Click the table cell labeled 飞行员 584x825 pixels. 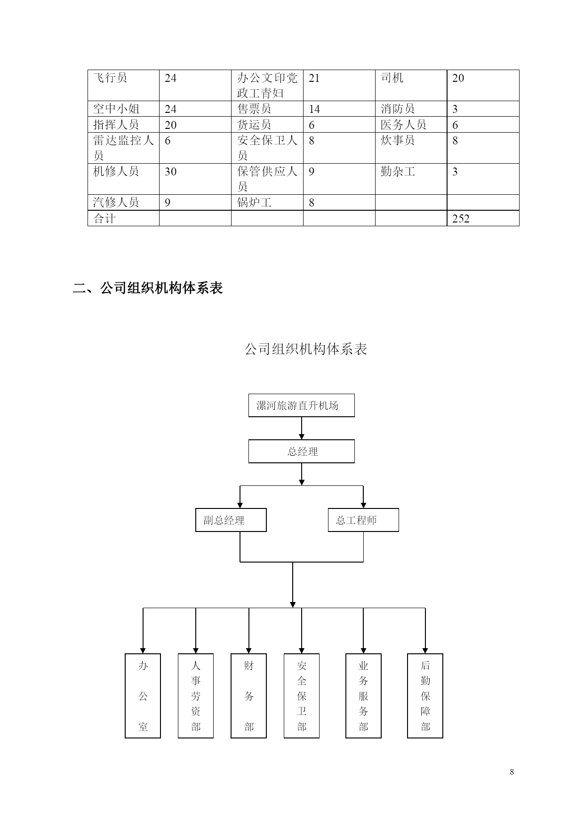[110, 78]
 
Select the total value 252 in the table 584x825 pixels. [461, 219]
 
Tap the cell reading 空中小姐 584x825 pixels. [116, 109]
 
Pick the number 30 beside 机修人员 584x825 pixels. [170, 172]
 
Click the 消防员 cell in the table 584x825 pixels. [398, 109]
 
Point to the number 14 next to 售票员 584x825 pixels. [314, 109]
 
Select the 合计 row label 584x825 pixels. [104, 219]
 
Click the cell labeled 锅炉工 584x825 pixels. [255, 203]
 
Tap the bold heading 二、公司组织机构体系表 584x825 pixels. [148, 288]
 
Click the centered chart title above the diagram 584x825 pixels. [306, 349]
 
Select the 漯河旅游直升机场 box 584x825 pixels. [302, 405]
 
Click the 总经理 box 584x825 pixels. [302, 452]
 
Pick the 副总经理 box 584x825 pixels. [231, 520]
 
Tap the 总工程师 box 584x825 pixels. [363, 520]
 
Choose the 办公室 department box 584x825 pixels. [143, 696]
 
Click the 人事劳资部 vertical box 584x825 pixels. [196, 696]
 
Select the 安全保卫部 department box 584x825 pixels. [302, 696]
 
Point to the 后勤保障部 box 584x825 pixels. [425, 696]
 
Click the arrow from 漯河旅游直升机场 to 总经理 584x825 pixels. [302, 428]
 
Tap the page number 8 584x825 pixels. [512, 772]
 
